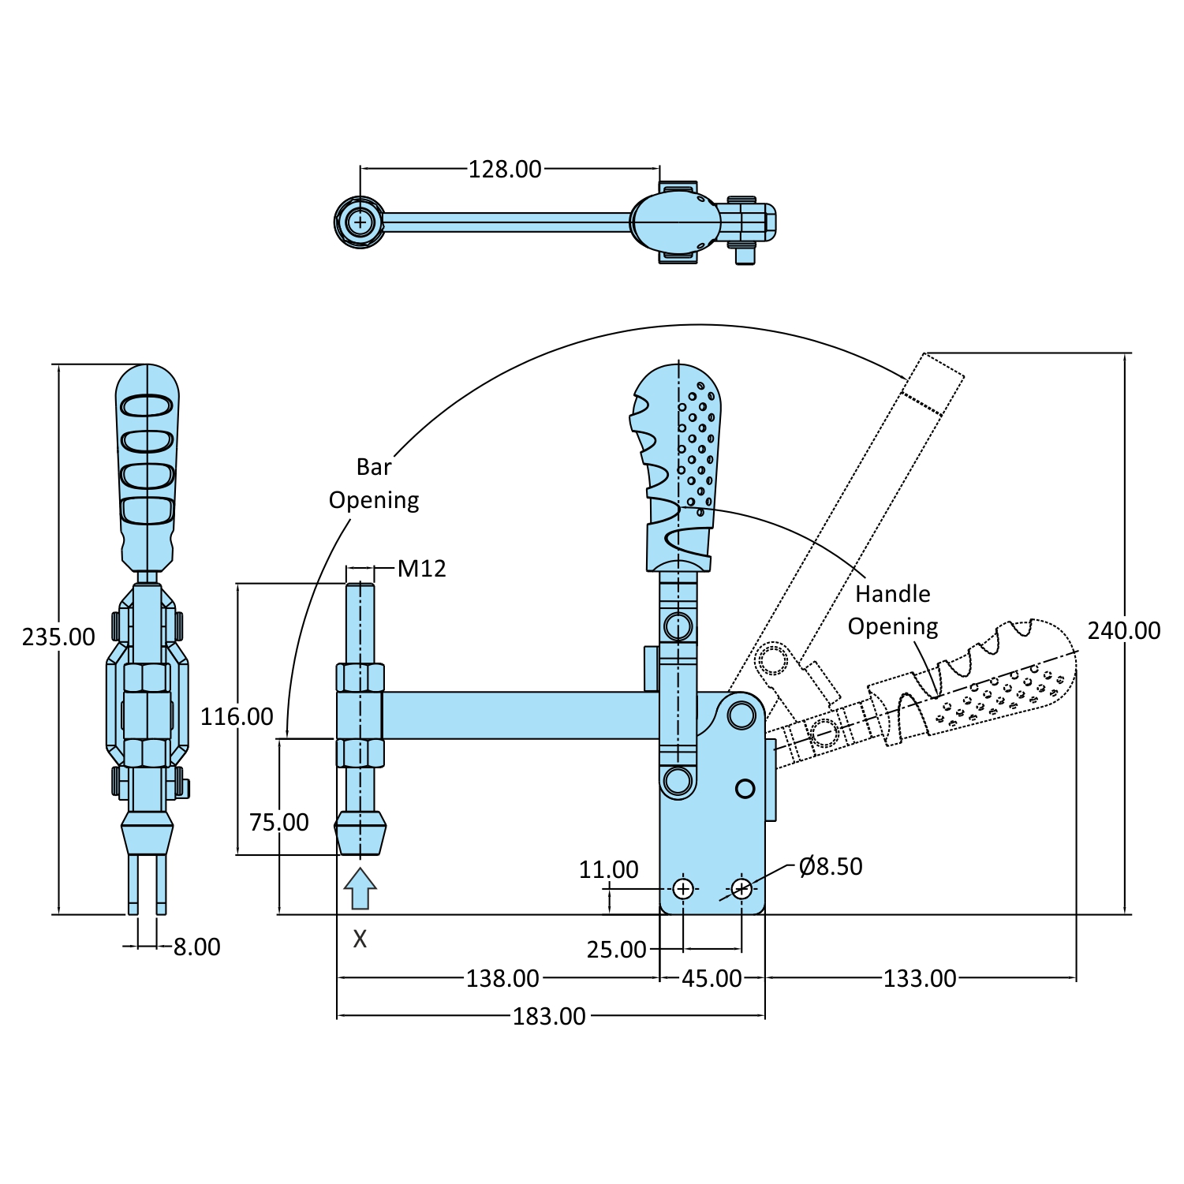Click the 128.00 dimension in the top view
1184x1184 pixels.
pos(505,169)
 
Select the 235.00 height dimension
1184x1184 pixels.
pos(58,637)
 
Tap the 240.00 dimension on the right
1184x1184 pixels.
pos(1123,631)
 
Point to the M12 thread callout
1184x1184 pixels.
pos(421,568)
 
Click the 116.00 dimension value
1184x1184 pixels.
pos(237,716)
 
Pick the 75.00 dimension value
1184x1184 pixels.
pos(279,822)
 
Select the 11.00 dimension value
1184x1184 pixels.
pos(608,869)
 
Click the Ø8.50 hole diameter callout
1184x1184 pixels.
pos(830,866)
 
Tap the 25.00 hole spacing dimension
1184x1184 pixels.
pos(616,949)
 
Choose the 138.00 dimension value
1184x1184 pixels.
pos(502,978)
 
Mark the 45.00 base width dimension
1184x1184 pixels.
pos(712,978)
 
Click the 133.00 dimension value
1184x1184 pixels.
pos(919,978)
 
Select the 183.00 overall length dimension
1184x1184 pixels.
pos(549,1016)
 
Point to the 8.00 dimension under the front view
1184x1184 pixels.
pos(196,947)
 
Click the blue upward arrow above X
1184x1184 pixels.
pos(360,888)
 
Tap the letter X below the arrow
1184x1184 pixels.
pos(360,939)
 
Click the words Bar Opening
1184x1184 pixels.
pos(374,484)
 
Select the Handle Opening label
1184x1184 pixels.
pos(893,610)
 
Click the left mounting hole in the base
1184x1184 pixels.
pos(683,889)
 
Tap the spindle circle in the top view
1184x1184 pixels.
pos(360,222)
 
